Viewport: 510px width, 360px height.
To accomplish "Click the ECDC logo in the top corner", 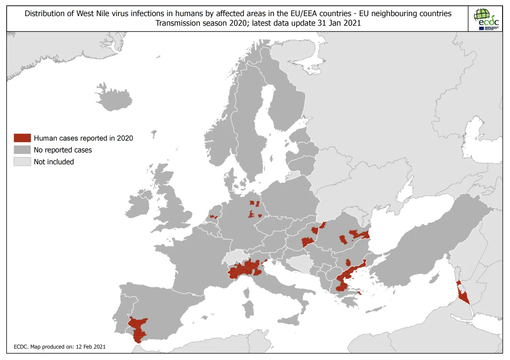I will pos(486,18).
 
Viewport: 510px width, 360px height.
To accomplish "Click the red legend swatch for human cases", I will pos(22,138).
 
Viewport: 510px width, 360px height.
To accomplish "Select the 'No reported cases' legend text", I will pos(63,150).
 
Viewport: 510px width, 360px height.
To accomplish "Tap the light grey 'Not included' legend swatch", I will pos(22,162).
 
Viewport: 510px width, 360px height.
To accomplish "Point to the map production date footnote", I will pos(59,347).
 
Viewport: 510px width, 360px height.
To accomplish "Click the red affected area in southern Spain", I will pos(138,329).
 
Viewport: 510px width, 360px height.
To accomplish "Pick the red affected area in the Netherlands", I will pos(213,217).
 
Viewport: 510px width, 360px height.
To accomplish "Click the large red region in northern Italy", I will pos(246,269).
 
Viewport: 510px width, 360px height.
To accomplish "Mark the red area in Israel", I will pos(463,295).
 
